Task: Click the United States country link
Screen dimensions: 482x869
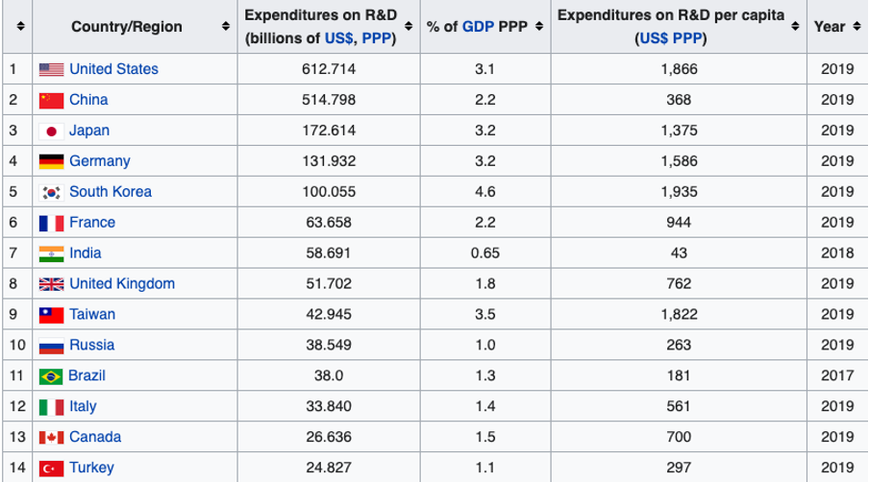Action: [x=113, y=69]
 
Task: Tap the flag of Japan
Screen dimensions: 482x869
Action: [x=51, y=131]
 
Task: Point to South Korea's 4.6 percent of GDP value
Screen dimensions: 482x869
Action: [x=484, y=191]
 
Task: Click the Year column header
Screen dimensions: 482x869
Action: [x=829, y=26]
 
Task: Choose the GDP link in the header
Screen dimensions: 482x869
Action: [x=479, y=26]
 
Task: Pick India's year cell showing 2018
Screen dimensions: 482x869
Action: [x=836, y=253]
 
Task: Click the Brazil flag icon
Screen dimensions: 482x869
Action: [x=51, y=375]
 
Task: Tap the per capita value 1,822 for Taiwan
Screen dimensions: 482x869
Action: [x=679, y=314]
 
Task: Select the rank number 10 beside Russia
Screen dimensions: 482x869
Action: [x=15, y=345]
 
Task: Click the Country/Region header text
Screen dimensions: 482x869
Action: [x=126, y=26]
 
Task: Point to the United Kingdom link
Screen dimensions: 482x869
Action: [x=122, y=283]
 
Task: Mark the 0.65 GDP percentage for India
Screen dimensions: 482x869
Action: [x=484, y=253]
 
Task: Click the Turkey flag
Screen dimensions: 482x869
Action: [x=51, y=468]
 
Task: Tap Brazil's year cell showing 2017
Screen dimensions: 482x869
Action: [x=836, y=375]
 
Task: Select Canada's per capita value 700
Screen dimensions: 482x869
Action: [x=679, y=437]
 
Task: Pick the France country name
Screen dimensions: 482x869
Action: [x=92, y=222]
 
